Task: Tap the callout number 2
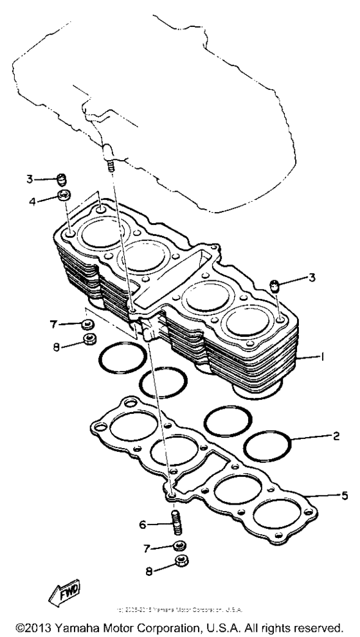pos(336,436)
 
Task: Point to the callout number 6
pos(143,525)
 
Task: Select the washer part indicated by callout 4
pos(64,195)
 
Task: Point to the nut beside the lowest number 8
pos(182,564)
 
